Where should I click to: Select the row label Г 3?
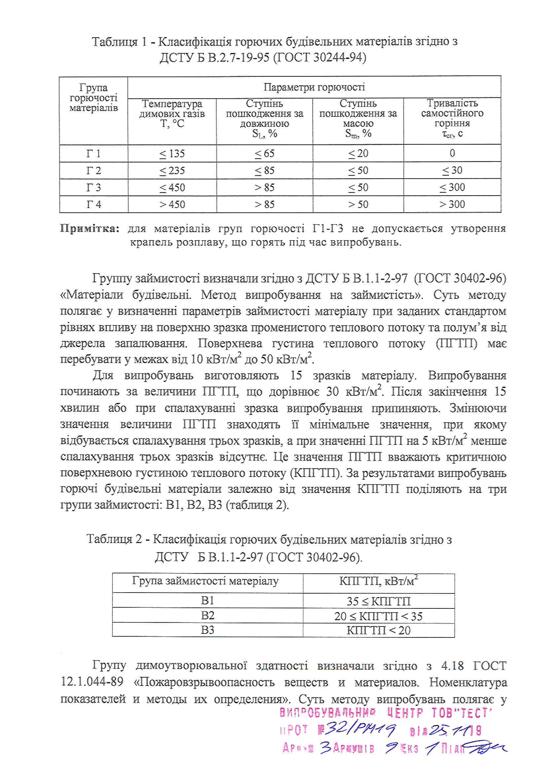coord(94,187)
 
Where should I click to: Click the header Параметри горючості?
coord(314,87)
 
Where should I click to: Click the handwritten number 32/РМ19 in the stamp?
coord(356,729)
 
